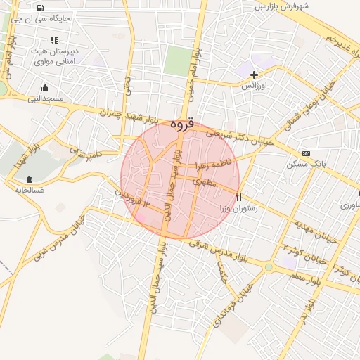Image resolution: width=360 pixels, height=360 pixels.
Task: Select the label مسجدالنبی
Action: coord(45,99)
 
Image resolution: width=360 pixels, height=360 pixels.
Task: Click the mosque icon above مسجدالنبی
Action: coord(46,87)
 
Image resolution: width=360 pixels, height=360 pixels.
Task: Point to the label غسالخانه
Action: coord(25,191)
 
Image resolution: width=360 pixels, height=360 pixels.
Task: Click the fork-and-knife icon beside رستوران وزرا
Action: coord(240,197)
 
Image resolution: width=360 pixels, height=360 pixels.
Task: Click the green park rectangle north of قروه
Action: coord(178,60)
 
